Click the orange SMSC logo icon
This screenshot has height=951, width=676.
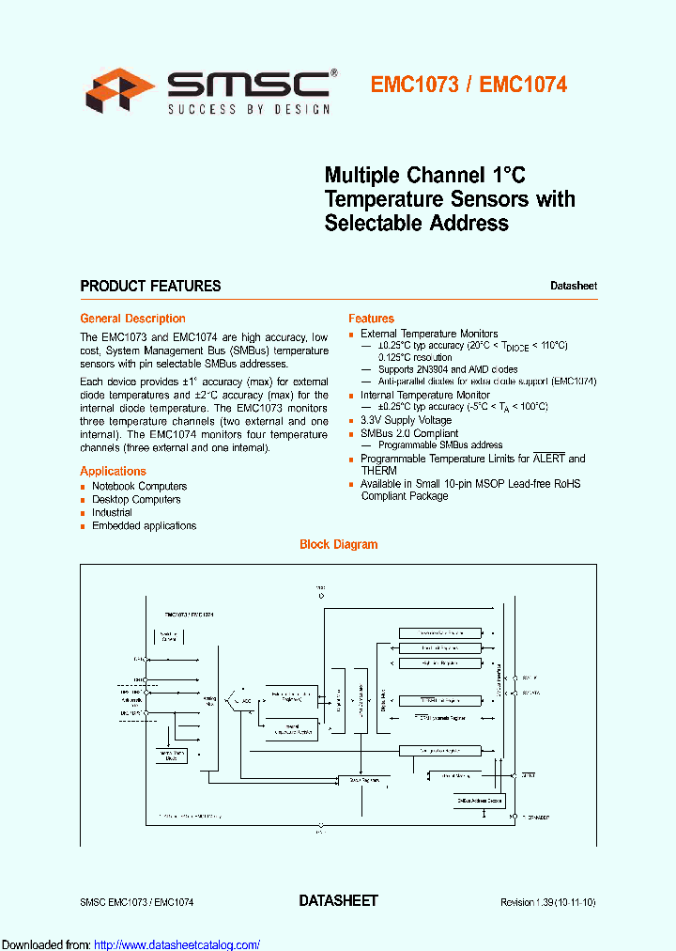tap(120, 91)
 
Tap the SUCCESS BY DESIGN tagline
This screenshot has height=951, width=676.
tap(249, 110)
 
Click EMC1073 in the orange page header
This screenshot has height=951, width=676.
tap(414, 85)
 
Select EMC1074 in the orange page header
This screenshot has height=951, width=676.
tap(523, 85)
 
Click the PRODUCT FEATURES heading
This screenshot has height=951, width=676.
tap(150, 286)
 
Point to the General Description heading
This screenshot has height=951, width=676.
tap(132, 319)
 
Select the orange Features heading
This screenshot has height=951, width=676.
tap(371, 319)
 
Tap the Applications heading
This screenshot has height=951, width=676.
tap(113, 471)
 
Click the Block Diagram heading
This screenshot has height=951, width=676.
tap(338, 544)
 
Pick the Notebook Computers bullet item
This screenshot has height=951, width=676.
tap(139, 486)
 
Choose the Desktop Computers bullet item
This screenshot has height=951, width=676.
tap(136, 499)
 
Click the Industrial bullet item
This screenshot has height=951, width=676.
tap(112, 512)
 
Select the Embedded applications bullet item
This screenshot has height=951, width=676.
tap(144, 525)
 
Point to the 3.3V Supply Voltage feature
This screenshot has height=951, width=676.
tap(406, 420)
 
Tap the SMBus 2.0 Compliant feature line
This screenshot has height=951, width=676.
tap(409, 433)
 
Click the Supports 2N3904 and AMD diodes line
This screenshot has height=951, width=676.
tap(447, 369)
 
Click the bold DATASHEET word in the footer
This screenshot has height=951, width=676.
tap(338, 900)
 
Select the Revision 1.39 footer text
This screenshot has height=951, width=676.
tap(547, 902)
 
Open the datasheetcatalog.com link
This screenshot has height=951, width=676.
tap(177, 944)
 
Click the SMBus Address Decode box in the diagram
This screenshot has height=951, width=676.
tap(480, 800)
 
